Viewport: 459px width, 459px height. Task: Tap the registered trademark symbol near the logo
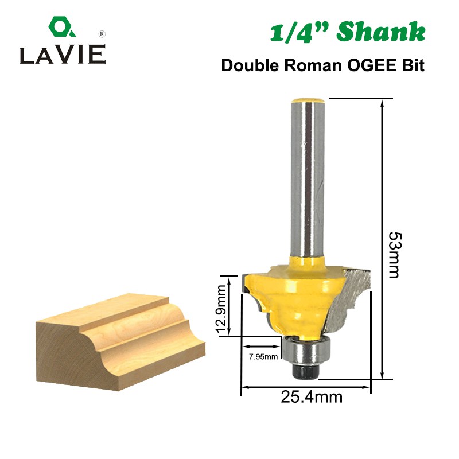(x=102, y=34)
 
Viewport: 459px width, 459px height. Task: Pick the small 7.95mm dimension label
(x=263, y=356)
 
